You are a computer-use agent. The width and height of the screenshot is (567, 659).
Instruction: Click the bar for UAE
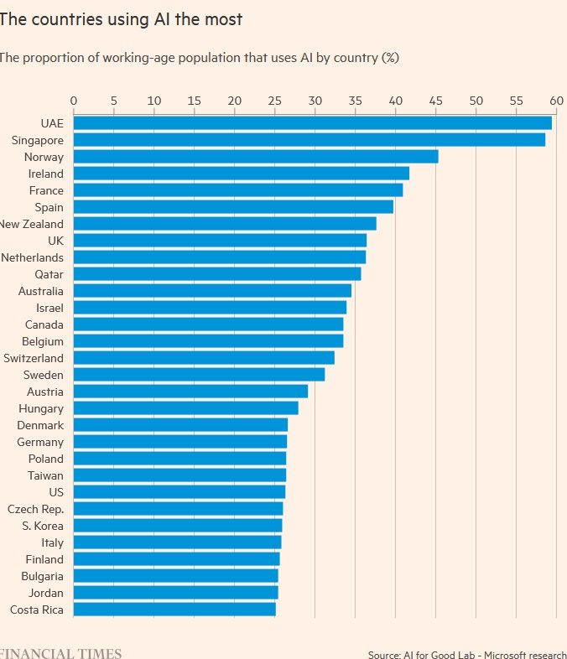pos(312,123)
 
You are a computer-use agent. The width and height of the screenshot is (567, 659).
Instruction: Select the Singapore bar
pos(309,140)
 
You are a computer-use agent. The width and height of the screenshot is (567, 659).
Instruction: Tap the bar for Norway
pos(256,157)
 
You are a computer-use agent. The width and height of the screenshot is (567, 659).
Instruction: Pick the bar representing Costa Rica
pos(174,610)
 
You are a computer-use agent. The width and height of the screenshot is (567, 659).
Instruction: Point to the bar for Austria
pos(190,392)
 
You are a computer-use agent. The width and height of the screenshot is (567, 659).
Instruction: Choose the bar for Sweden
pos(199,375)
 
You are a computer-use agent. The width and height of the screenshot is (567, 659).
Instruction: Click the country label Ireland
pos(45,174)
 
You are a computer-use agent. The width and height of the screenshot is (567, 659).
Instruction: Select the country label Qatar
pos(49,274)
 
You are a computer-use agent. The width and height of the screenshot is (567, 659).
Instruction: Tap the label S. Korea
pos(43,526)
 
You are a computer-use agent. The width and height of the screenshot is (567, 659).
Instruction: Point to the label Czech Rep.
pos(35,509)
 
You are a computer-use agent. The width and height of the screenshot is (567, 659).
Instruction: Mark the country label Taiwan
pos(45,475)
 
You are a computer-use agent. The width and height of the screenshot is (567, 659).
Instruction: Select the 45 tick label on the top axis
pos(435,101)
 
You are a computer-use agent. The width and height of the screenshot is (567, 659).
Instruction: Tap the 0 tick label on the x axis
pos(74,101)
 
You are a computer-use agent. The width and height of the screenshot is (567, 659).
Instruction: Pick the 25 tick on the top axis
pos(274,101)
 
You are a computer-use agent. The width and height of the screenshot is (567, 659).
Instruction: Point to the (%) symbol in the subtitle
pos(390,58)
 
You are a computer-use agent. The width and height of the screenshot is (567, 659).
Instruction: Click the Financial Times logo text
pos(60,653)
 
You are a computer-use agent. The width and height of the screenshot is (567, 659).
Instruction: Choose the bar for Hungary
pos(185,408)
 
